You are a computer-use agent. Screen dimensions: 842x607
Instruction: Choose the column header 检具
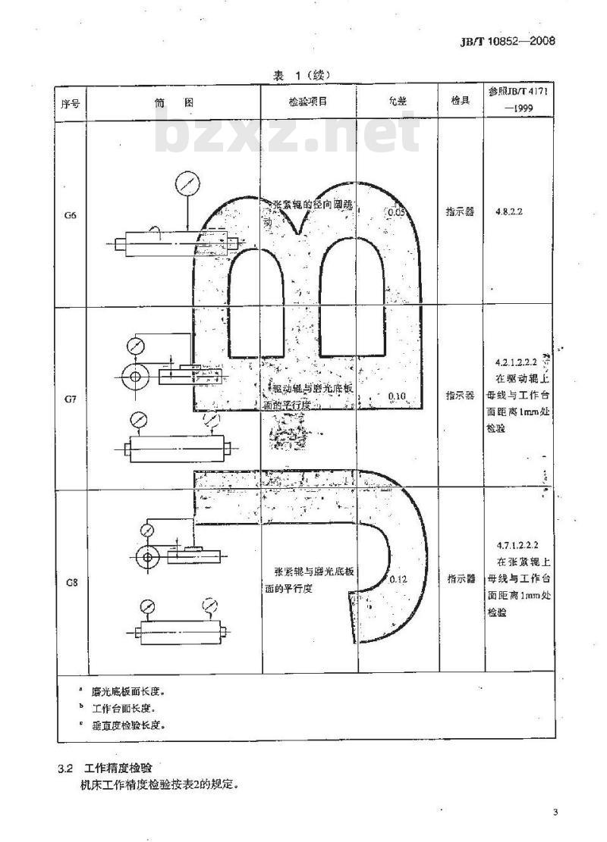click(x=460, y=102)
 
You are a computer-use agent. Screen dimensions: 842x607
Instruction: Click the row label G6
click(x=70, y=214)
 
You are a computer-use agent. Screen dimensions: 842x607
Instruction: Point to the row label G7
click(x=70, y=397)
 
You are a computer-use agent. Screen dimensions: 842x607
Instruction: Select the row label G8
click(x=70, y=582)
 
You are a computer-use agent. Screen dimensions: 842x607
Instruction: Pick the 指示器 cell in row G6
click(x=460, y=213)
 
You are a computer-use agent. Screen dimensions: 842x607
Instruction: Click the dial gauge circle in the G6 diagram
click(x=185, y=184)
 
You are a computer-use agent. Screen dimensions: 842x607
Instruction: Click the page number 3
click(x=555, y=814)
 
